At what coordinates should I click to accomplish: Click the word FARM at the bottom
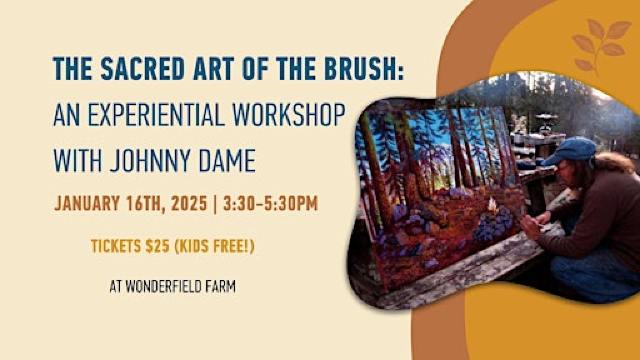pos(234,284)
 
